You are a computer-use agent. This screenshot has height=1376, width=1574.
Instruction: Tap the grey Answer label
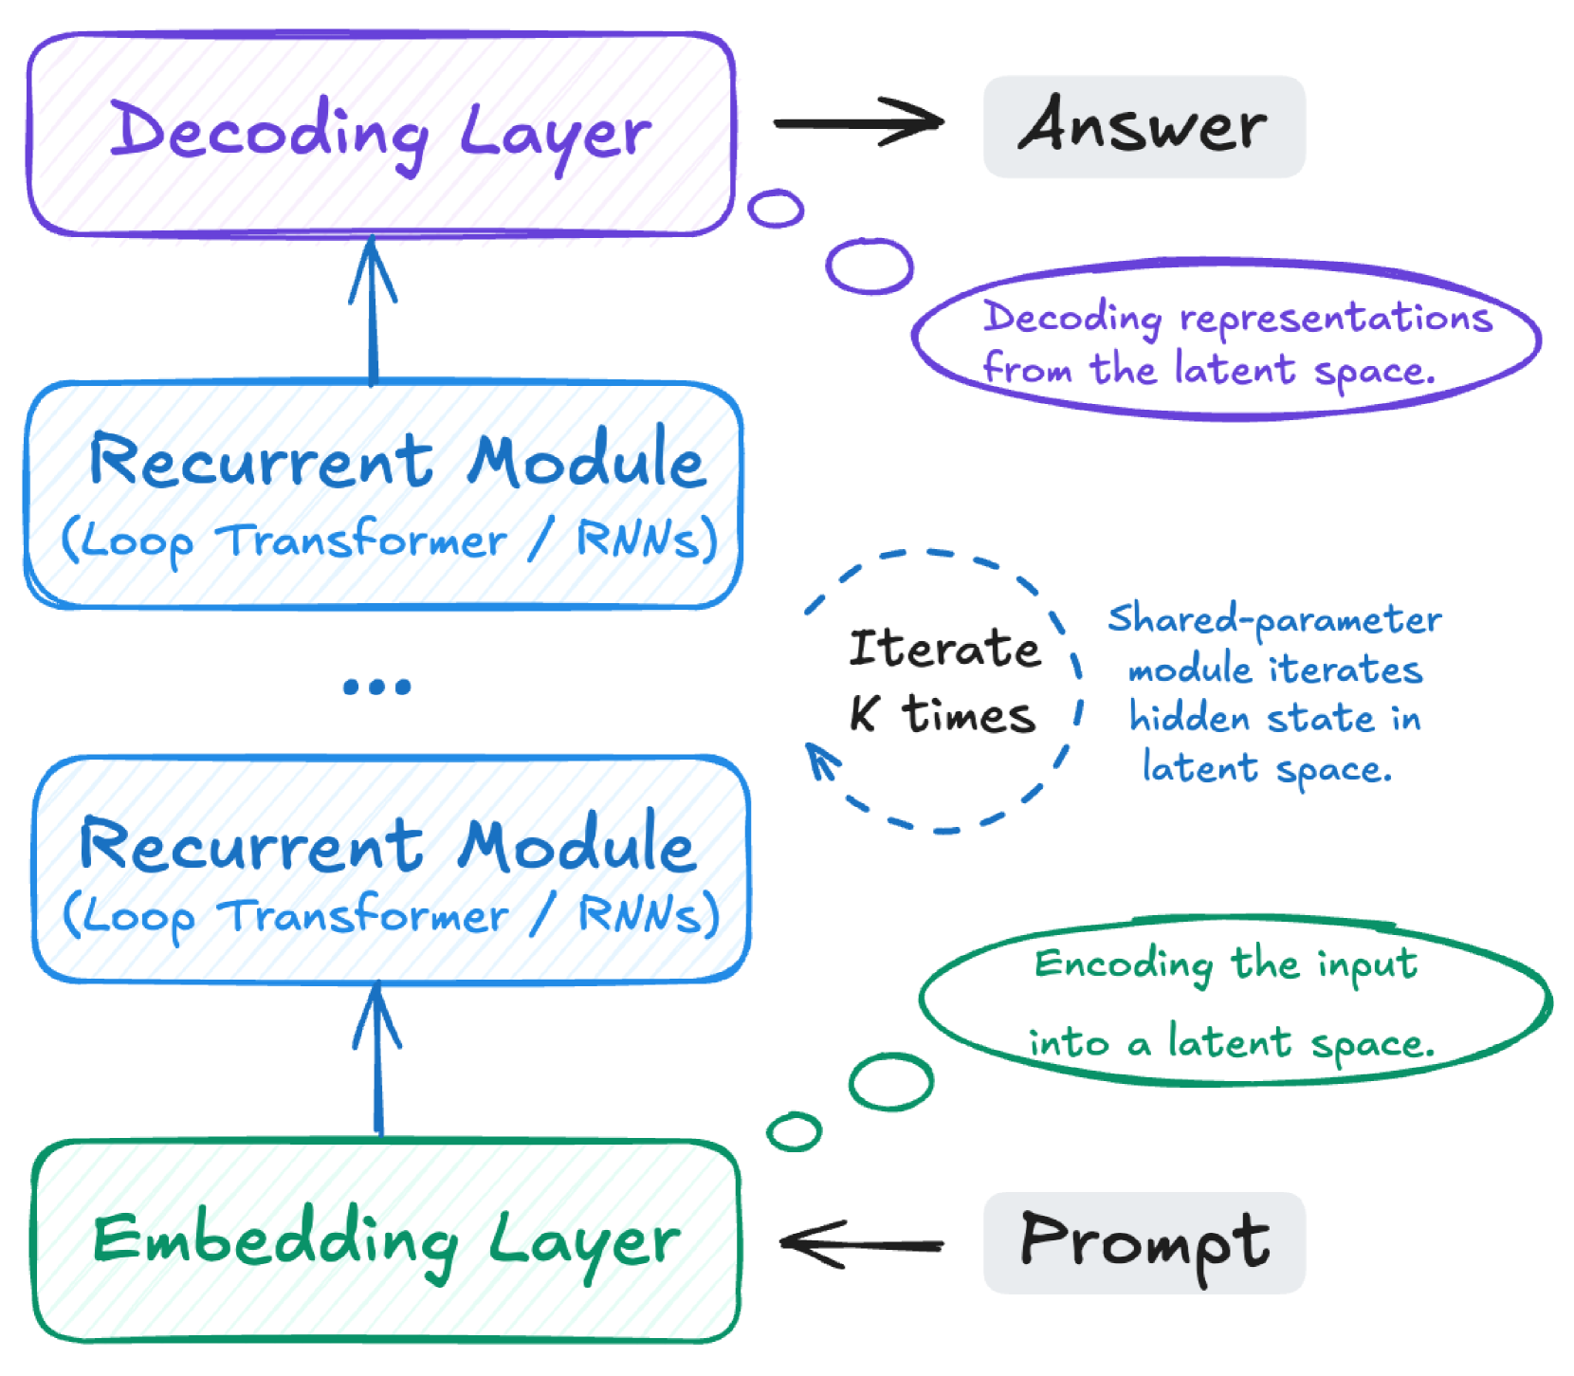coord(1144,127)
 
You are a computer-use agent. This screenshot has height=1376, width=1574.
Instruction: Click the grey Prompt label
coord(1144,1242)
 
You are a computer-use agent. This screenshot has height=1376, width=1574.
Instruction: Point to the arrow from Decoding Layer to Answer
coord(858,123)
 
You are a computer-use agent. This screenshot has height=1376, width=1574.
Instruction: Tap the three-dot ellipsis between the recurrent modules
coord(377,686)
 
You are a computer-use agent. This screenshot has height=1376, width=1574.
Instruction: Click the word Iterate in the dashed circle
coord(944,649)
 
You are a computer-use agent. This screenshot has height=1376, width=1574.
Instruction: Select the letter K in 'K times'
coord(864,713)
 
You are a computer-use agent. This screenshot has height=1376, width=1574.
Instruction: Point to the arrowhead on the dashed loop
coord(821,759)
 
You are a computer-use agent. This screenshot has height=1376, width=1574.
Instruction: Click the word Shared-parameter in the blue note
coord(1274,620)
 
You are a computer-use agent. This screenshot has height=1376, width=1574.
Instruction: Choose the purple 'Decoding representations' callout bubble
coord(1225,339)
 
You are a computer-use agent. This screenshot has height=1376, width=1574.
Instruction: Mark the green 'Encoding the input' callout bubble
coord(1235,1001)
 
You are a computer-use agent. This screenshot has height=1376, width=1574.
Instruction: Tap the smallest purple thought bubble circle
coord(776,208)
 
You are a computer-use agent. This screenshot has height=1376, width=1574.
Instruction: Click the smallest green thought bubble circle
coord(794,1131)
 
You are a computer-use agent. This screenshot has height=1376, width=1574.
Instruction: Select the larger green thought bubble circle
coord(890,1081)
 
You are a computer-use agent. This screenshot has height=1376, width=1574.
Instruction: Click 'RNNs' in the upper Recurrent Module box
coord(638,540)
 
